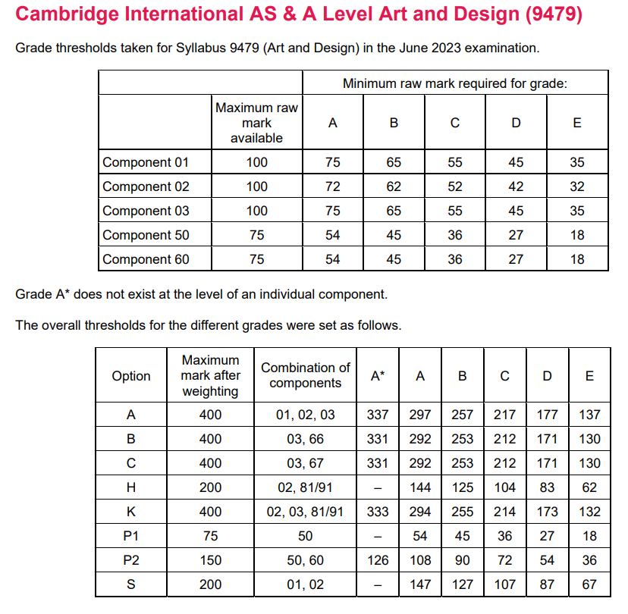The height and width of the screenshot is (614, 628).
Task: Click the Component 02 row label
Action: pyautogui.click(x=146, y=186)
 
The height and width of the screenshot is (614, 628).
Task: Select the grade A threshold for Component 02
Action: pyautogui.click(x=332, y=186)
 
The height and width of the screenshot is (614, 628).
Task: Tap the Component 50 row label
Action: pyautogui.click(x=146, y=235)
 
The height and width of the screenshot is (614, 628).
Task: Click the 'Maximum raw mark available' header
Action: pyautogui.click(x=257, y=123)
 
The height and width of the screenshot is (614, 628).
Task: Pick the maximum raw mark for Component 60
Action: pyautogui.click(x=257, y=259)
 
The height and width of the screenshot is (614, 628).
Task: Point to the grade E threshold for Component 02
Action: pyautogui.click(x=577, y=186)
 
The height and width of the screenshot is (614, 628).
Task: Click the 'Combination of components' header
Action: pyautogui.click(x=306, y=375)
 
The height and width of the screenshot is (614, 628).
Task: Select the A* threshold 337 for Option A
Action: pyautogui.click(x=378, y=415)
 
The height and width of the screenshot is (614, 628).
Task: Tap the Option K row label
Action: pyautogui.click(x=131, y=512)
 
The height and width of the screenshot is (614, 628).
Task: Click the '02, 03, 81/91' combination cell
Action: pyautogui.click(x=306, y=512)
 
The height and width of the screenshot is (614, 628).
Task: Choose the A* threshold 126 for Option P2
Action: pyautogui.click(x=378, y=560)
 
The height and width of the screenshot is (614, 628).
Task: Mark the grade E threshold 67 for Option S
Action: pyautogui.click(x=589, y=584)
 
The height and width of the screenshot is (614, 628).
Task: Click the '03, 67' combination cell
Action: pyautogui.click(x=306, y=463)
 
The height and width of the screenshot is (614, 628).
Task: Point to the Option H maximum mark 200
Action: pyautogui.click(x=210, y=487)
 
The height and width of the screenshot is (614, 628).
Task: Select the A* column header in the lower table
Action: pyautogui.click(x=378, y=376)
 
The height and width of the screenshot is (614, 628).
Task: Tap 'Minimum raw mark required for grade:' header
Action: pyautogui.click(x=455, y=83)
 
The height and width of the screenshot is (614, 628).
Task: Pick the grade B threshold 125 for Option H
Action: pyautogui.click(x=462, y=487)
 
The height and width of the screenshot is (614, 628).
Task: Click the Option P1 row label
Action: pyautogui.click(x=131, y=536)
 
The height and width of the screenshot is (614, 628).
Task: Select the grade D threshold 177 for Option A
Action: pyautogui.click(x=547, y=415)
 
